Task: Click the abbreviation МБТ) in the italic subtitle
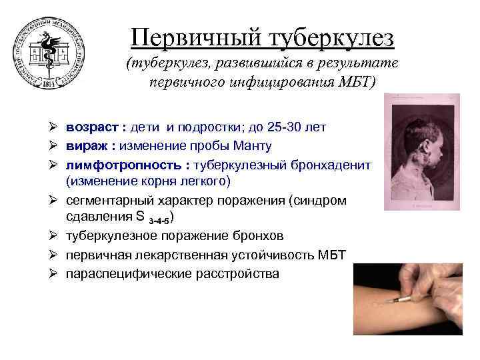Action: coord(360,81)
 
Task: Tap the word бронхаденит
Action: coord(331,164)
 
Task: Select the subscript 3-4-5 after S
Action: coord(160,219)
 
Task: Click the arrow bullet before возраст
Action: coord(55,127)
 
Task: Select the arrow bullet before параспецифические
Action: coord(55,273)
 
